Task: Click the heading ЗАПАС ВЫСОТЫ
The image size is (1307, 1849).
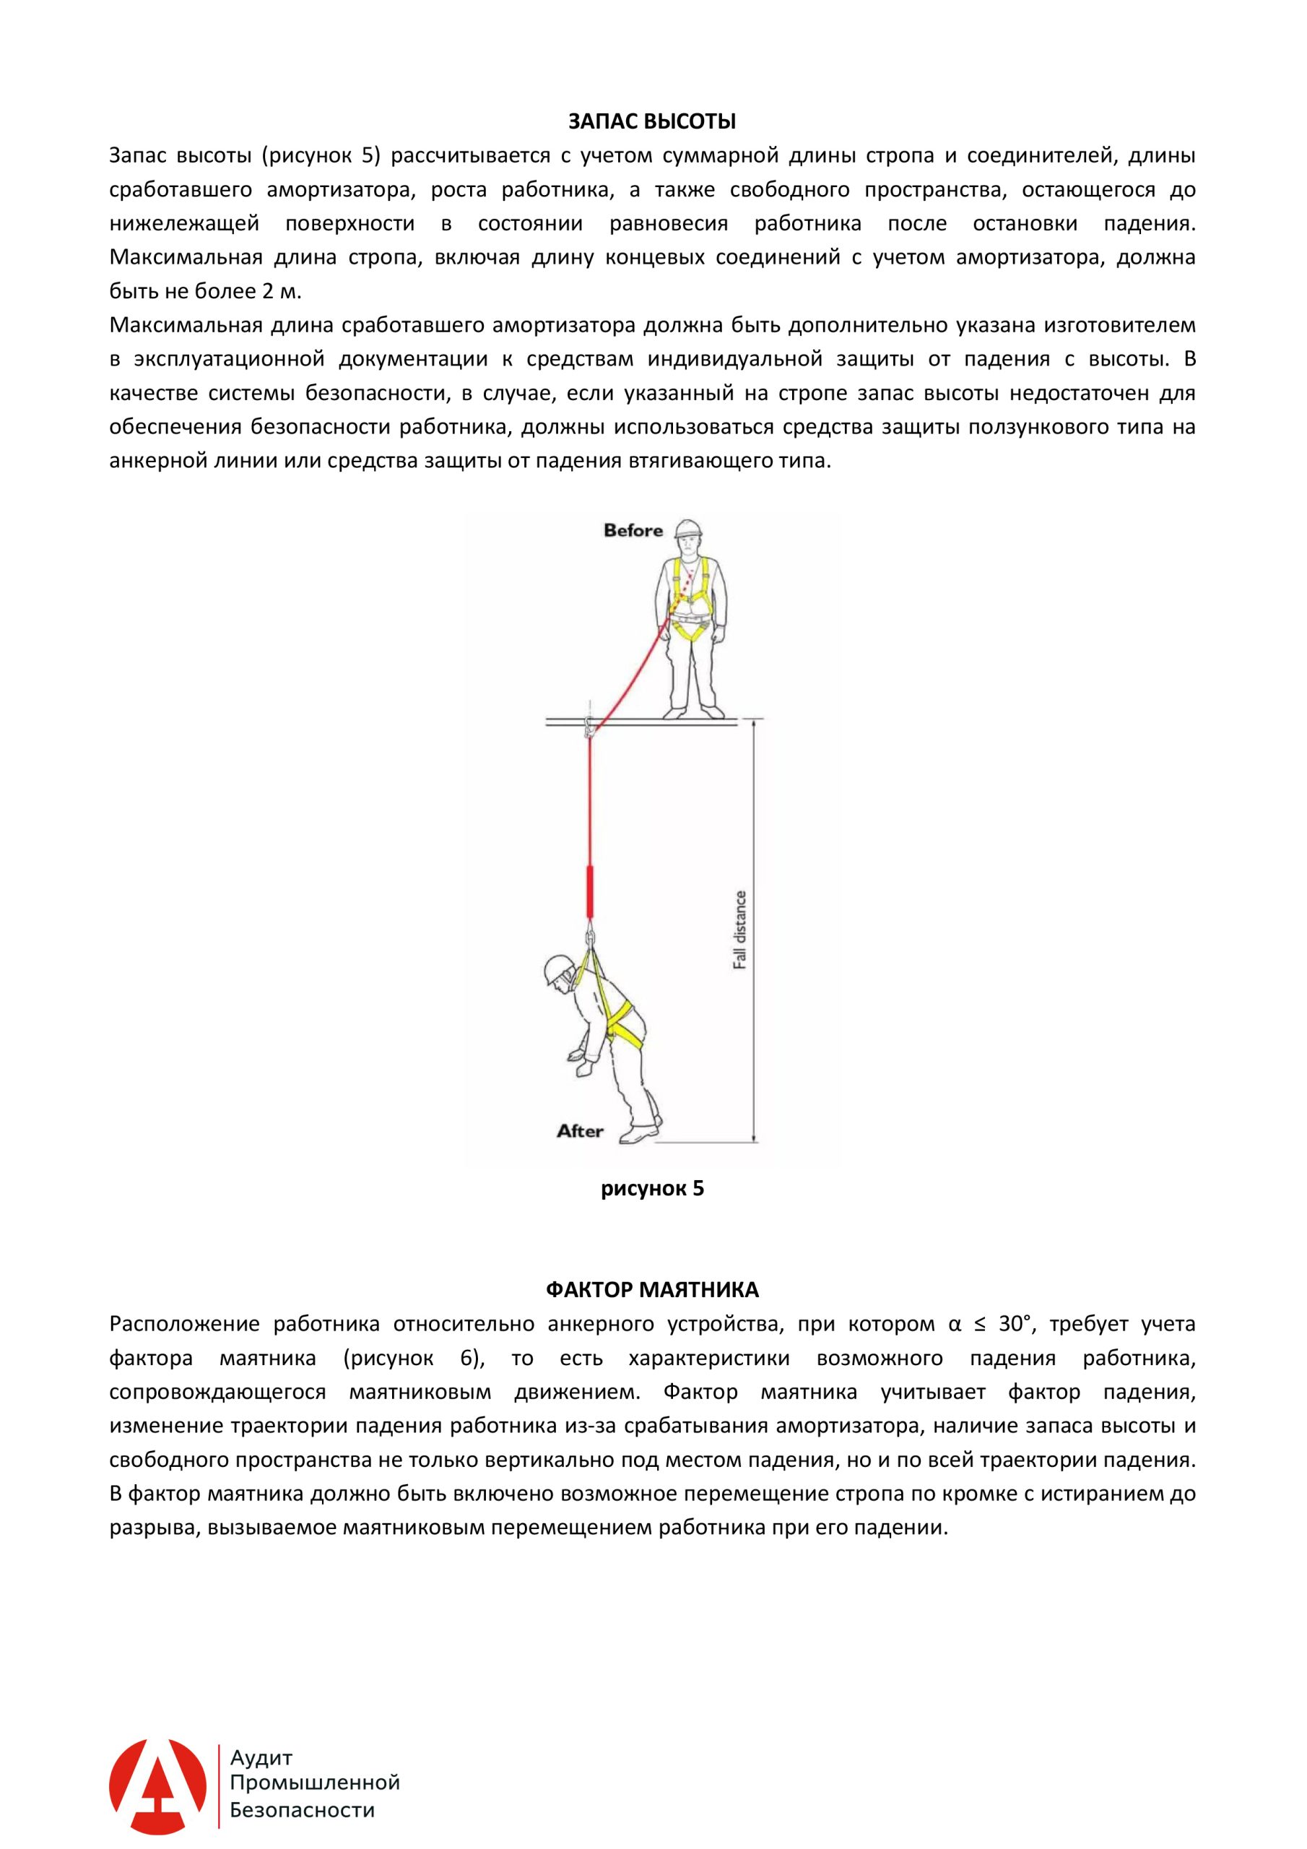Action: [652, 121]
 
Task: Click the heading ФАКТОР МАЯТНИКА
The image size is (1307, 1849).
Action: [652, 1290]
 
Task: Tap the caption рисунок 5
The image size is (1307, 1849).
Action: [652, 1189]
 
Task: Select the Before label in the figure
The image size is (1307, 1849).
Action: [633, 531]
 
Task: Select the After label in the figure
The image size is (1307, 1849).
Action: [580, 1132]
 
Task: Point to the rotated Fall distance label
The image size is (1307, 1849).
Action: [740, 930]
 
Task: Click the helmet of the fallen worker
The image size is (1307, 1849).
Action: [557, 969]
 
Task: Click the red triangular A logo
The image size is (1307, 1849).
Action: [158, 1787]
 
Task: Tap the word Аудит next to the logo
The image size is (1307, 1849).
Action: [261, 1758]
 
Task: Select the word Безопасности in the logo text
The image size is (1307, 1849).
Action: [302, 1810]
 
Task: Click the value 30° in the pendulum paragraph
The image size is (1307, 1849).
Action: [1015, 1324]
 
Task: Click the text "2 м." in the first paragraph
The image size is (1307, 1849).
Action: [281, 292]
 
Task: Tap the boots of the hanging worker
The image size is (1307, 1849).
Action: [641, 1134]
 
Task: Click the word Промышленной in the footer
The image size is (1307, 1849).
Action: [315, 1783]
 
